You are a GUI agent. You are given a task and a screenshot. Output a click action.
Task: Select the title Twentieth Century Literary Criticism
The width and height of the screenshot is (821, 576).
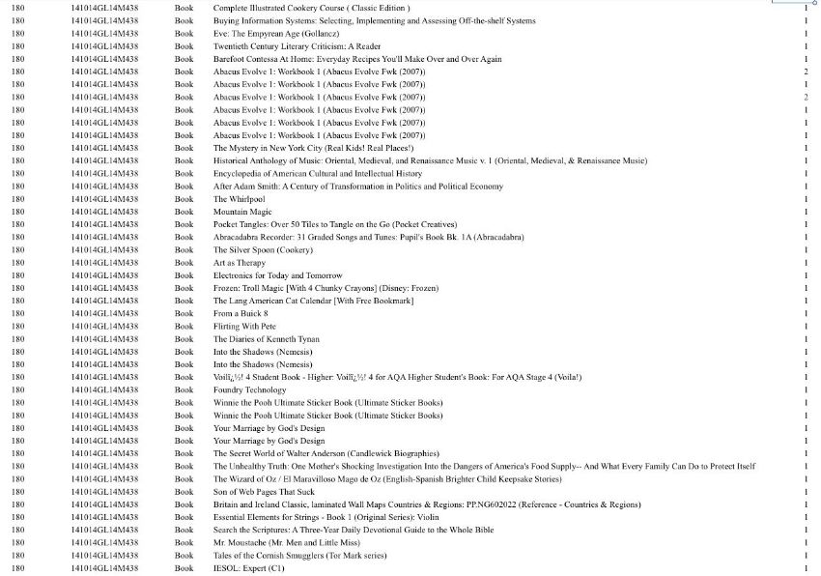point(297,46)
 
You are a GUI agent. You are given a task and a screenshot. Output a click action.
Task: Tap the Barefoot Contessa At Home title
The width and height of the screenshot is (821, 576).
point(357,59)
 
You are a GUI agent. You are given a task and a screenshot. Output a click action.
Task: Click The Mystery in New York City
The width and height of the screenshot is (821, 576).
point(301,148)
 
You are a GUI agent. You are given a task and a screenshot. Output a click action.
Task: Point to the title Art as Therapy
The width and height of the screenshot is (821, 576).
point(240,263)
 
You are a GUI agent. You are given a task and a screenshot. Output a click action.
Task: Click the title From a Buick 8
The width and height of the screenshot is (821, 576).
point(241,314)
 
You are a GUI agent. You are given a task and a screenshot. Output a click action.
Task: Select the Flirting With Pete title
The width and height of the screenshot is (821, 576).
point(244,327)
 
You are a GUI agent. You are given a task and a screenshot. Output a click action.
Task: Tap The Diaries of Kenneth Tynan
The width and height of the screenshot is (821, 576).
point(267,339)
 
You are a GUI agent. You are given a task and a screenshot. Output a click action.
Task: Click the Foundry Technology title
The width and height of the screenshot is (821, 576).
point(250,390)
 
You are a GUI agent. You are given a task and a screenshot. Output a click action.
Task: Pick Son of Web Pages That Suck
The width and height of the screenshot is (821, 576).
point(265,492)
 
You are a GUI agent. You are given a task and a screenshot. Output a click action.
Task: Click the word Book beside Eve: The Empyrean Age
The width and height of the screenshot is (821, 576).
point(184,34)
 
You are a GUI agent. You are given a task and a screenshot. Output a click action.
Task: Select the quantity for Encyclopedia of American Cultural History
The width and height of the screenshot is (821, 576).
point(806,174)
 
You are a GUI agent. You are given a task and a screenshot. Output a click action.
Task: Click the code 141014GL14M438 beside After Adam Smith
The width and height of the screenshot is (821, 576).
point(104,187)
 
